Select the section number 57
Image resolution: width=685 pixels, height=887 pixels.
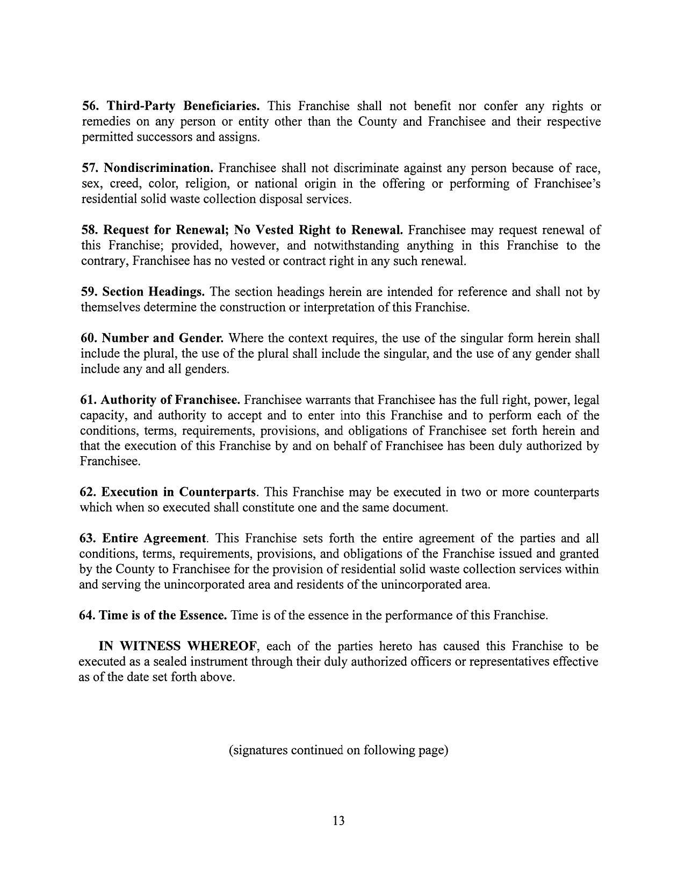tap(90, 168)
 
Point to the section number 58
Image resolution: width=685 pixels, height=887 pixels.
tap(90, 230)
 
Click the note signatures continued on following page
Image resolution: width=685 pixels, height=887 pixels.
tap(338, 750)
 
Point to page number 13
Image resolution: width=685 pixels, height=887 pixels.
tap(338, 820)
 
